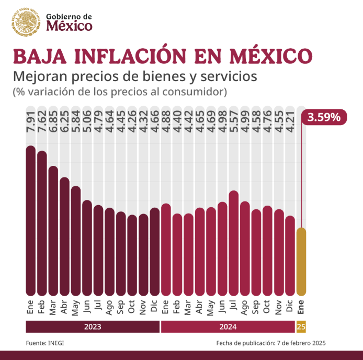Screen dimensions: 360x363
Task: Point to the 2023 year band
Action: [93, 327]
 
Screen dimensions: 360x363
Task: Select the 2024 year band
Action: [228, 327]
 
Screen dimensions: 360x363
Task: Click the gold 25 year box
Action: [301, 327]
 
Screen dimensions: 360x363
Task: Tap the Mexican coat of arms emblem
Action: [26, 22]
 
